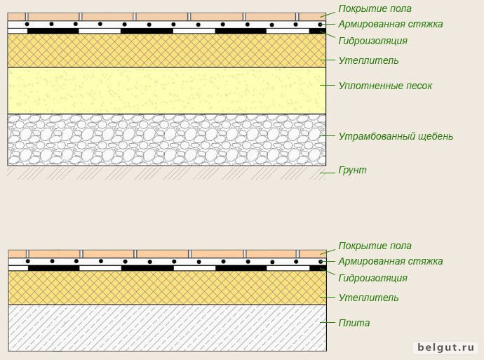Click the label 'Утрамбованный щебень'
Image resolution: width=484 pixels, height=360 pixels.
tap(396, 136)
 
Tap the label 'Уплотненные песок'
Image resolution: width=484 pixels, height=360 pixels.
tap(385, 86)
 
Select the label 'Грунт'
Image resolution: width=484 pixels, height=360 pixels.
tap(353, 170)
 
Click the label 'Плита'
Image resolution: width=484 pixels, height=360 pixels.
tap(354, 323)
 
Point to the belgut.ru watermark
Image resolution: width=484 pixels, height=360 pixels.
tap(446, 347)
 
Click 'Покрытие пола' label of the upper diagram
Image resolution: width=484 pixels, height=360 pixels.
tap(375, 8)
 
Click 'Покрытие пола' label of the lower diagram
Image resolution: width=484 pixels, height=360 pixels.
tap(375, 246)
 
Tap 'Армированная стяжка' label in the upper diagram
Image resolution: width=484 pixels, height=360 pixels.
tap(391, 24)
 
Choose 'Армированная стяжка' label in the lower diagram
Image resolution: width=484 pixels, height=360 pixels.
tap(391, 261)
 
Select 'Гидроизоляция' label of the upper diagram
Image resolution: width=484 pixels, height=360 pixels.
tap(373, 41)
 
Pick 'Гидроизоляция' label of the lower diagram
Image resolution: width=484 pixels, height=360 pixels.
tap(373, 278)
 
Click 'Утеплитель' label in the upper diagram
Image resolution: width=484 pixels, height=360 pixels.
tap(368, 60)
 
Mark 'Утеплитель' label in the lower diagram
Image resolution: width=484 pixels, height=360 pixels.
tap(368, 298)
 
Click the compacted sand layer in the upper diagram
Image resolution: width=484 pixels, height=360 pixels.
tap(167, 91)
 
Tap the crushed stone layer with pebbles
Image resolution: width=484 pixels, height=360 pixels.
tap(167, 140)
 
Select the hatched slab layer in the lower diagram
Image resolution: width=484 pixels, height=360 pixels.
tap(168, 328)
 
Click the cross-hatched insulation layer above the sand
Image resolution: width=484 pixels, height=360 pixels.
tap(167, 51)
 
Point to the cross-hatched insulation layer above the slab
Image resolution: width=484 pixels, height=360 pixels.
tap(168, 288)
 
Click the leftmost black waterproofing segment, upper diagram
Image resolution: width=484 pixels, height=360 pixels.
tap(53, 31)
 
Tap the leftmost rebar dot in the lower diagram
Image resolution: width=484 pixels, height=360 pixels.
tap(28, 261)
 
